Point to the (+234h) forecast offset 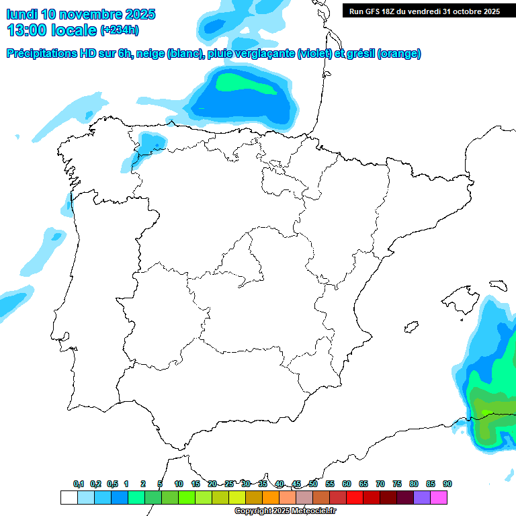[x=119, y=30]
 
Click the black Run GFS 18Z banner [x=424, y=11]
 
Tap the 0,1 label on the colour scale [x=79, y=484]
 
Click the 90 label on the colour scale [x=447, y=484]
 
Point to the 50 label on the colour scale [x=313, y=484]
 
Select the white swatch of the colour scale [x=69, y=497]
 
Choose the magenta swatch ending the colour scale [x=439, y=497]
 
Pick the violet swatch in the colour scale [x=422, y=497]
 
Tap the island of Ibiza [x=408, y=327]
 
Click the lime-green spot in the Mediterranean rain [x=485, y=411]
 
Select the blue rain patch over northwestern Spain [x=150, y=144]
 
